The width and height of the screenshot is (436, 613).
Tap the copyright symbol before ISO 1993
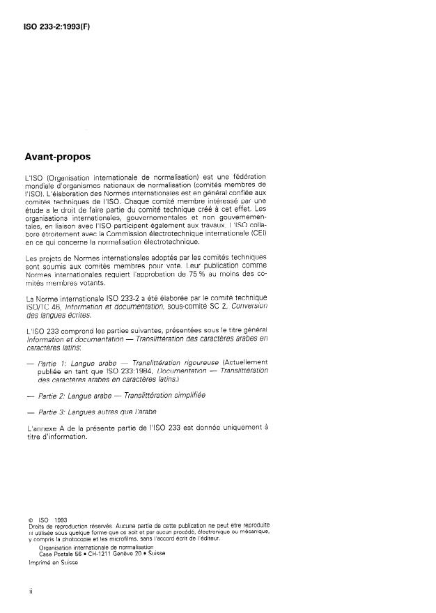click(31, 519)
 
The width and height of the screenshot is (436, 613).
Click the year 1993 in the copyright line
click(61, 519)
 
